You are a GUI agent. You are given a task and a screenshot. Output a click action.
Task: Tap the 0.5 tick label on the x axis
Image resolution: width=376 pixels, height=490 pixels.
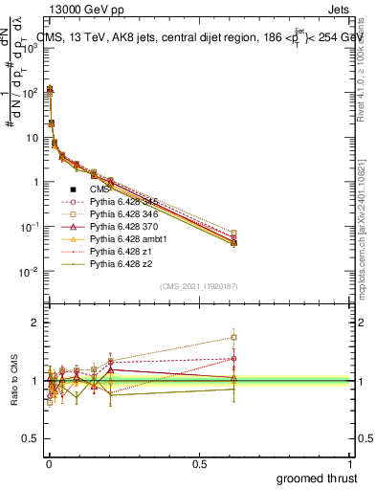click(199, 464)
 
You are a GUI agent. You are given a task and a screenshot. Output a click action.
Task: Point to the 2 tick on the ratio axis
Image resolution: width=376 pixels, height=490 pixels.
click(33, 323)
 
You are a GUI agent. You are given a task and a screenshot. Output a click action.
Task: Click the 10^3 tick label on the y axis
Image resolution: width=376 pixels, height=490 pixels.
click(29, 48)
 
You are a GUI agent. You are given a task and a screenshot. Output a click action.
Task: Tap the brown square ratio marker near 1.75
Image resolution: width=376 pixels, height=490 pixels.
click(233, 337)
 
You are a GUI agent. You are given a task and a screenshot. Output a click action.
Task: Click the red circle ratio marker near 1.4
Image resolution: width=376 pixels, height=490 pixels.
click(233, 359)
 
